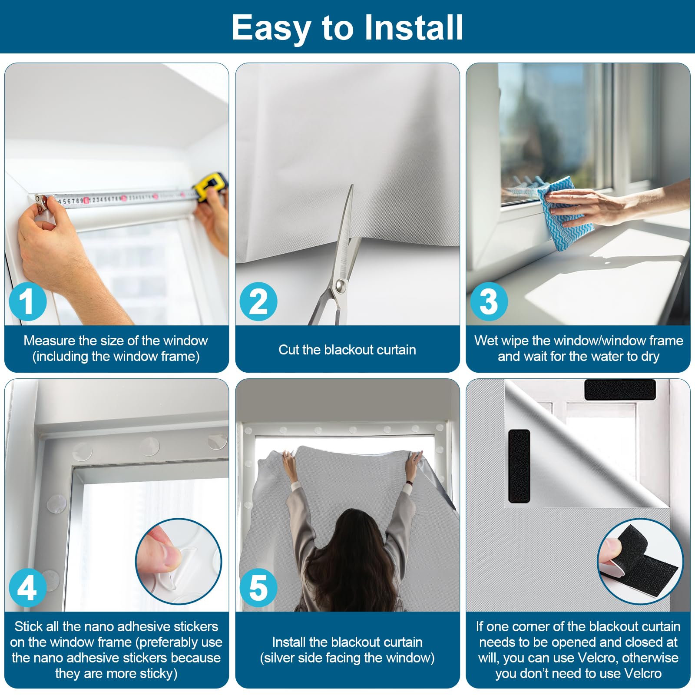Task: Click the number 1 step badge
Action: (28, 301)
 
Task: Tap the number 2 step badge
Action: (258, 301)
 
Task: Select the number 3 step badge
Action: (489, 301)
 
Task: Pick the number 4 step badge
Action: (28, 588)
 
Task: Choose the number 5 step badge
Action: (258, 588)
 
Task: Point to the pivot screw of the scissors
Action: (340, 285)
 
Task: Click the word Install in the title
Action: (413, 27)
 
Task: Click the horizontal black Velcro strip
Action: (620, 390)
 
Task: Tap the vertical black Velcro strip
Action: (519, 466)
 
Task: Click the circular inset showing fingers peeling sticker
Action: (179, 561)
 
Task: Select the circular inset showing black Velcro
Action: (640, 561)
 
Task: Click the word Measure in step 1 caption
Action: (50, 341)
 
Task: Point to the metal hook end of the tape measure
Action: (40, 201)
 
